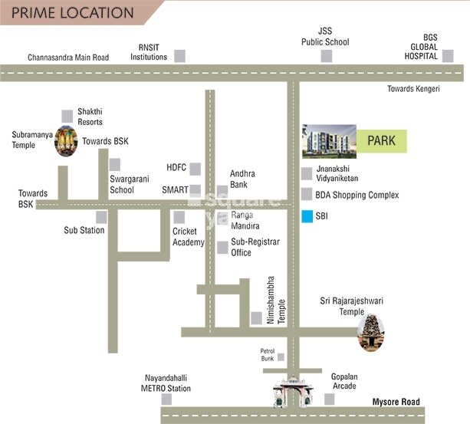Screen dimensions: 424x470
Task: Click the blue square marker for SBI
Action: click(307, 216)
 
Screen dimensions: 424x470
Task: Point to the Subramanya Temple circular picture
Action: click(67, 140)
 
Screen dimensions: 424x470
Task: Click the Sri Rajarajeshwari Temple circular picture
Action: click(370, 332)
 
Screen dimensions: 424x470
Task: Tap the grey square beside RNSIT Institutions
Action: click(180, 55)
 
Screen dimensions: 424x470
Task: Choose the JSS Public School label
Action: click(325, 36)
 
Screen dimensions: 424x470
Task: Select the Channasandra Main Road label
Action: click(68, 57)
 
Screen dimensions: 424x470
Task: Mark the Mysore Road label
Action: click(396, 402)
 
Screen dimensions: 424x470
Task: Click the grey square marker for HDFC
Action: click(196, 168)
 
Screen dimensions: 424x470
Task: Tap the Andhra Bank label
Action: click(242, 179)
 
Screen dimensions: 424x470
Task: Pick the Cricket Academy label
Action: click(189, 237)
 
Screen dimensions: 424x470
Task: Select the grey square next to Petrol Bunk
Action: click(281, 357)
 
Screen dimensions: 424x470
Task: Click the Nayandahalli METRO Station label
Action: click(167, 383)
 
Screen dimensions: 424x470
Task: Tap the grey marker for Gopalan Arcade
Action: click(330, 399)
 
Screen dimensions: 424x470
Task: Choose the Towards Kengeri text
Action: click(414, 89)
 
